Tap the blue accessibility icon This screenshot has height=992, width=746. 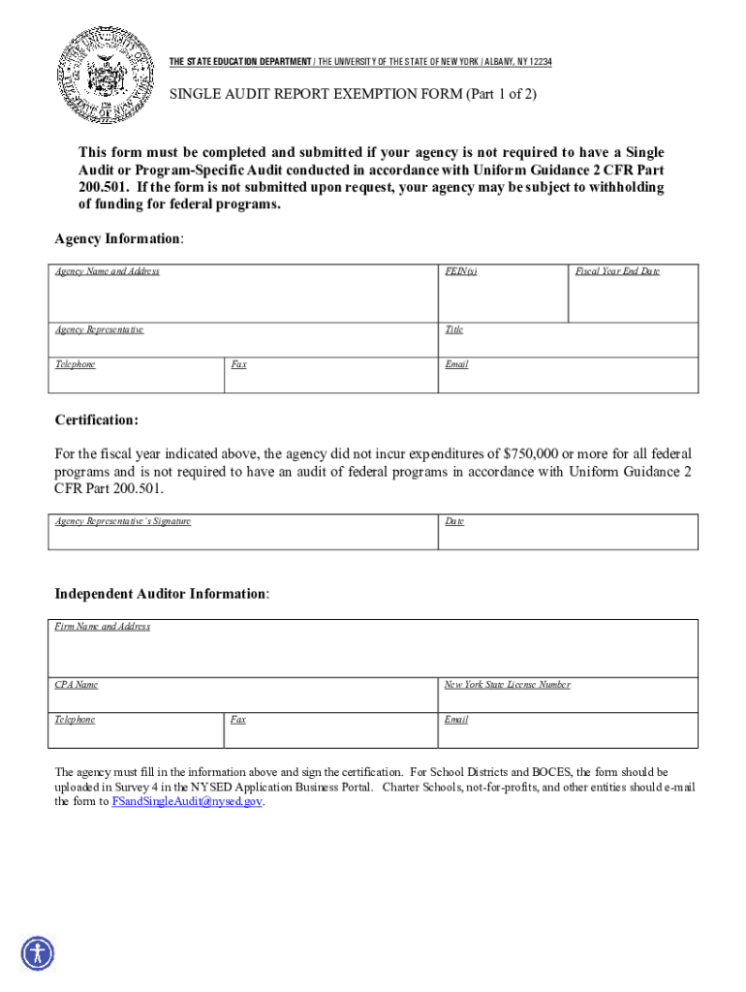click(x=38, y=953)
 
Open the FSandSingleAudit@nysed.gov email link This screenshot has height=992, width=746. click(x=187, y=802)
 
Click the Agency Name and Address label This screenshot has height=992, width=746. click(x=107, y=271)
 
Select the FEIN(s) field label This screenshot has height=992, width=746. click(x=460, y=271)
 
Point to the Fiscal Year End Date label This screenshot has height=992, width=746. click(x=617, y=271)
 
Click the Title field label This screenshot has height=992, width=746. click(x=453, y=329)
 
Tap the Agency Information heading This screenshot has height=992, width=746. click(x=119, y=238)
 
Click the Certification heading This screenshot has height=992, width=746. click(x=96, y=419)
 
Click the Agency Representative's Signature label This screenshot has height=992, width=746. click(x=122, y=521)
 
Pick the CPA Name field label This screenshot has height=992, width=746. click(x=77, y=685)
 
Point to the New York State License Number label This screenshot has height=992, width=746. click(x=507, y=685)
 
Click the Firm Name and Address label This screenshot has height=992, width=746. click(x=102, y=627)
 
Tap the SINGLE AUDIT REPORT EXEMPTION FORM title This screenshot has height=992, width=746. click(x=353, y=95)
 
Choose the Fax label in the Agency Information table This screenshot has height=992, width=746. click(x=238, y=364)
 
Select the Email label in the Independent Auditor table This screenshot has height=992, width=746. click(x=456, y=720)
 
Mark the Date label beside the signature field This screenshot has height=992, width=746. click(x=454, y=521)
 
